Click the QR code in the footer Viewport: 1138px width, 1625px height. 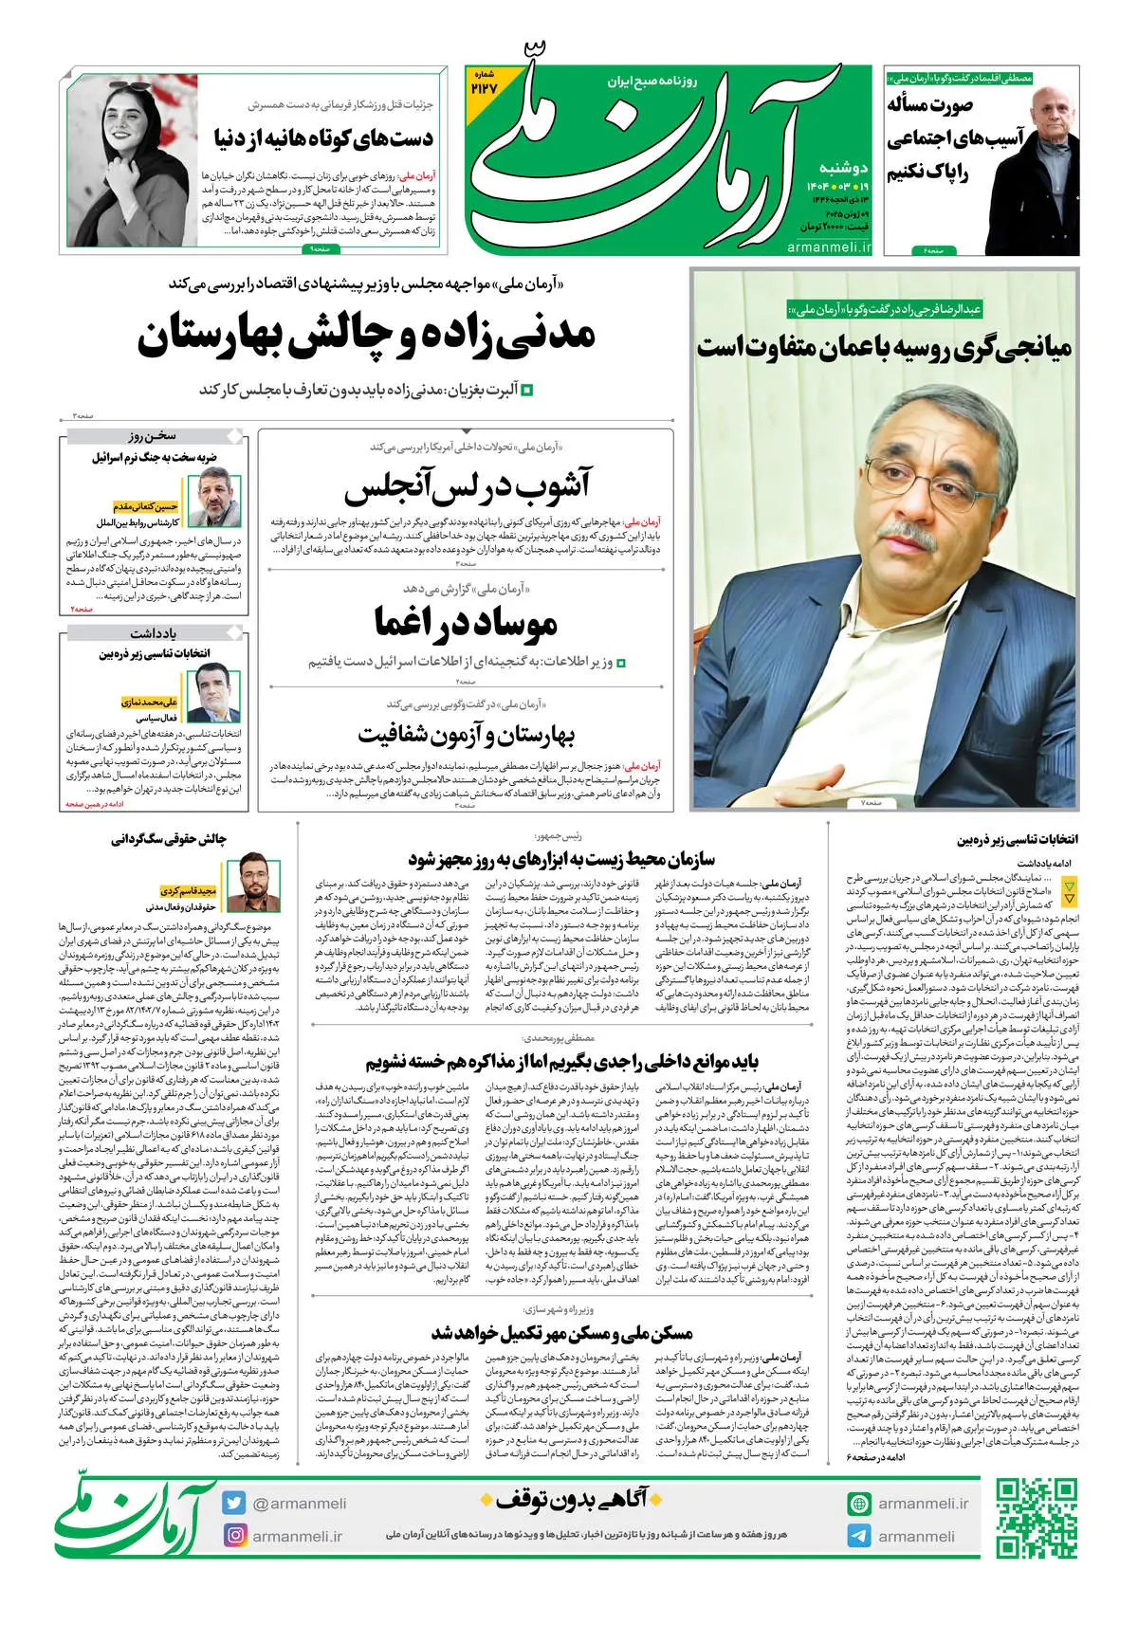[x=1037, y=1519]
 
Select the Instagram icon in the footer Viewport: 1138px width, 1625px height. [x=234, y=1535]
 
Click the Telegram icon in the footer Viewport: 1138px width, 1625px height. [x=859, y=1536]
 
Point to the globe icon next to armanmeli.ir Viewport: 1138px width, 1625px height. [x=859, y=1503]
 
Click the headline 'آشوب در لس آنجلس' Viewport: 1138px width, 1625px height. [x=467, y=486]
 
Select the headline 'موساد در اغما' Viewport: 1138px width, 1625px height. [x=467, y=622]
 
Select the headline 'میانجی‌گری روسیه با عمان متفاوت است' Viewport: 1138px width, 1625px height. [x=885, y=346]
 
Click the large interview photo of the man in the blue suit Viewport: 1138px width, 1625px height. [x=885, y=588]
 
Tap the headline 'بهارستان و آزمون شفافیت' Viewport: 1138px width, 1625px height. [x=467, y=734]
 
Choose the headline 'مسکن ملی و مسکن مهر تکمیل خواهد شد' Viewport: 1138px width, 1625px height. [x=561, y=1333]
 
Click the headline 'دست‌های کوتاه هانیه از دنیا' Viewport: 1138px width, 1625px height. [x=323, y=139]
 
